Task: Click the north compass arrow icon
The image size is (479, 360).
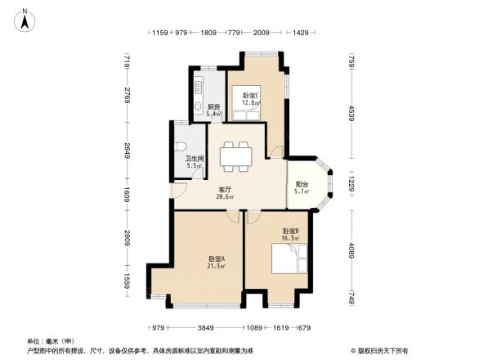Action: point(25,20)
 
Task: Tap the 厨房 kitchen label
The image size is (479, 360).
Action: point(213,106)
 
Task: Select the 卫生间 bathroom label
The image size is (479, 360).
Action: point(194,159)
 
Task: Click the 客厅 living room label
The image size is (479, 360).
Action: point(224,189)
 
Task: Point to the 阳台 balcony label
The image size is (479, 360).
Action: point(302,185)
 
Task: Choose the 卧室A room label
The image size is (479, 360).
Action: point(216,258)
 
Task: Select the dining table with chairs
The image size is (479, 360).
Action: point(235,155)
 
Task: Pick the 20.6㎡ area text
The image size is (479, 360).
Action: point(224,196)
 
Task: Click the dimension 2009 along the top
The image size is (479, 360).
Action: point(261,34)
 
